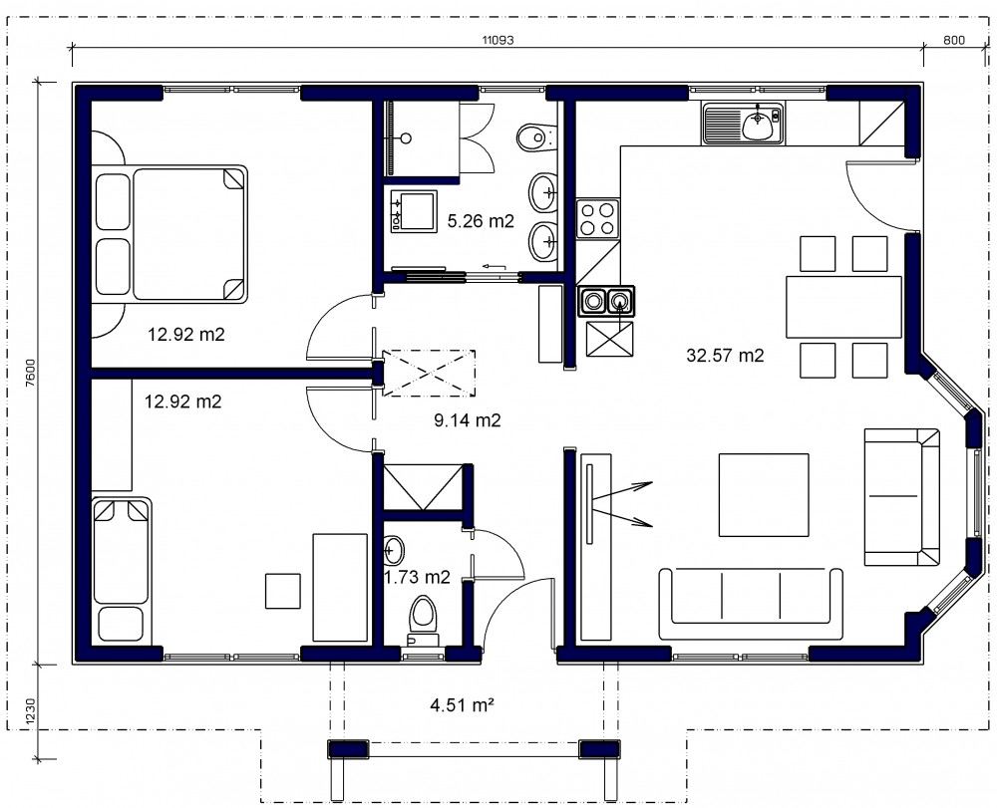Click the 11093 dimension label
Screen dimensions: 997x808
click(x=498, y=40)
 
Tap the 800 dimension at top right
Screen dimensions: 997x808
click(x=954, y=40)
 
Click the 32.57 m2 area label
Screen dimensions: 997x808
click(x=725, y=355)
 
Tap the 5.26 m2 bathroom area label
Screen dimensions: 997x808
click(x=481, y=221)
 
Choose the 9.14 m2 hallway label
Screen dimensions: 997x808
click(x=468, y=419)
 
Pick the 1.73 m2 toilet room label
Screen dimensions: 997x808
click(x=418, y=577)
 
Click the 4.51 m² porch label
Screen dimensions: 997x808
click(x=463, y=704)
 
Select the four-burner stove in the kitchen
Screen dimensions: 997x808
click(x=597, y=218)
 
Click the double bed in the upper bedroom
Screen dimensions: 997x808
click(x=169, y=233)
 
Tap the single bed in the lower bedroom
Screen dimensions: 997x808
click(x=122, y=570)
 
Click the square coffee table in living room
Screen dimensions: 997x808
click(x=764, y=495)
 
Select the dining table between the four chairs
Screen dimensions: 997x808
click(x=843, y=307)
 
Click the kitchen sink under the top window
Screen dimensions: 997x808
click(x=744, y=123)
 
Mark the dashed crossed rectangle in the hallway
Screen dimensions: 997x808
click(x=429, y=374)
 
